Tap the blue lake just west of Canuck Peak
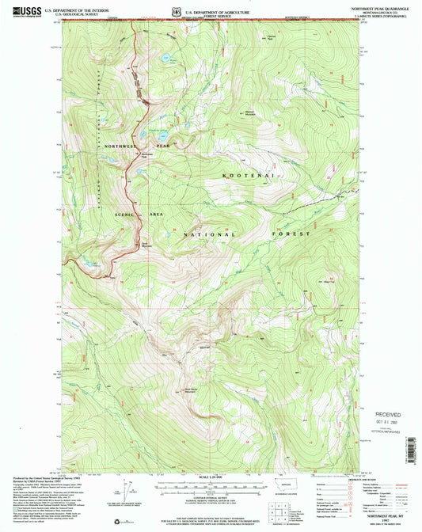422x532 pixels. pyautogui.click(x=165, y=59)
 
